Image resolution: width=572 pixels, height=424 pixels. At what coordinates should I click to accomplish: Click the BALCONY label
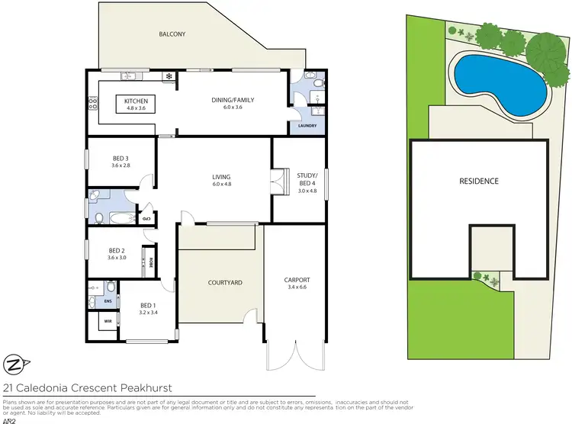click(x=172, y=34)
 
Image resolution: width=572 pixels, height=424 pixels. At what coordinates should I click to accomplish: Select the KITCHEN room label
click(x=137, y=101)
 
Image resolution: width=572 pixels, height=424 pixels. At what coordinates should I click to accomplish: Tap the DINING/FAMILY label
click(x=233, y=100)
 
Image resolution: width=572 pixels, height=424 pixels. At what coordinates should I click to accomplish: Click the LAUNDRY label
click(x=307, y=126)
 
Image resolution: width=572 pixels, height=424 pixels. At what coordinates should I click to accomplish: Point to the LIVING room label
click(x=221, y=177)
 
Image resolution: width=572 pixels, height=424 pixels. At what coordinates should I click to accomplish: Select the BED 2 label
click(x=116, y=250)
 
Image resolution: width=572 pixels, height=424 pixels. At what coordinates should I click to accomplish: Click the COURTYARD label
click(x=225, y=283)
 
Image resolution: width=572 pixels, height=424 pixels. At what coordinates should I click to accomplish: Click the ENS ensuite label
click(x=97, y=301)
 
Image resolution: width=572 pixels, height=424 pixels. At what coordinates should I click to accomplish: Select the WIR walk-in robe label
click(x=95, y=323)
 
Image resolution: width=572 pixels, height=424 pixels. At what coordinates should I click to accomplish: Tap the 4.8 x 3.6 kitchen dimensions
click(x=137, y=108)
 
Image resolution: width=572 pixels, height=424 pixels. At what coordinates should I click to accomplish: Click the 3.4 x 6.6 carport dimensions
click(x=297, y=288)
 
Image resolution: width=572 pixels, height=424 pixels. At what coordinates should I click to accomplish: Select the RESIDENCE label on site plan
click(x=478, y=181)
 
